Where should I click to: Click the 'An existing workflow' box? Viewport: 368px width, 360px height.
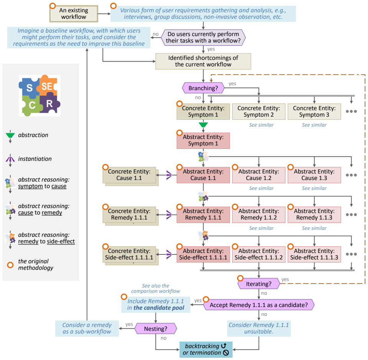74,13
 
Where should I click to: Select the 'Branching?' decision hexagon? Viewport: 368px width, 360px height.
203,88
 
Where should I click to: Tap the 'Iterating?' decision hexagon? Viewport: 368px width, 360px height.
259,284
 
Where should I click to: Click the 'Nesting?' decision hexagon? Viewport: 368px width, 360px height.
155,329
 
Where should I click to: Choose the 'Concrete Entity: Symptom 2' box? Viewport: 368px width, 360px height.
259,111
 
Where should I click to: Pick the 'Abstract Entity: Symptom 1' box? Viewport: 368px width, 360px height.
203,140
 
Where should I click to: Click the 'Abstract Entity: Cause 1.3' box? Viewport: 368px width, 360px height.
314,175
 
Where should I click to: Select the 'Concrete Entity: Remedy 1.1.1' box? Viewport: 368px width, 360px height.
129,215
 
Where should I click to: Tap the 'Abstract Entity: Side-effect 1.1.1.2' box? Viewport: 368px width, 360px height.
259,254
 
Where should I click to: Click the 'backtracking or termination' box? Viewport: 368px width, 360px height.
206,349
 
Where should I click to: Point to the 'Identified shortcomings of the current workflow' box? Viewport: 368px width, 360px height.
203,61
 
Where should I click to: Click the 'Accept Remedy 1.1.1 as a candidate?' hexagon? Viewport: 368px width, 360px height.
259,305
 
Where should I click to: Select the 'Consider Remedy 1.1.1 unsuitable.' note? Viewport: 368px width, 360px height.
259,328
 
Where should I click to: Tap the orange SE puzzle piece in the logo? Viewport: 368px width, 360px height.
48,86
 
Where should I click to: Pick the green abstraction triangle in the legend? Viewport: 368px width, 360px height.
10,135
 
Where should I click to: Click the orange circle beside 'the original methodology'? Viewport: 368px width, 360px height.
10,265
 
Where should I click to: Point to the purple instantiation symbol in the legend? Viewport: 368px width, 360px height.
10,159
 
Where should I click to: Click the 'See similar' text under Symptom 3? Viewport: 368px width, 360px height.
314,125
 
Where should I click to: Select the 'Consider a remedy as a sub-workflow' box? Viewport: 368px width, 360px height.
87,328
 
